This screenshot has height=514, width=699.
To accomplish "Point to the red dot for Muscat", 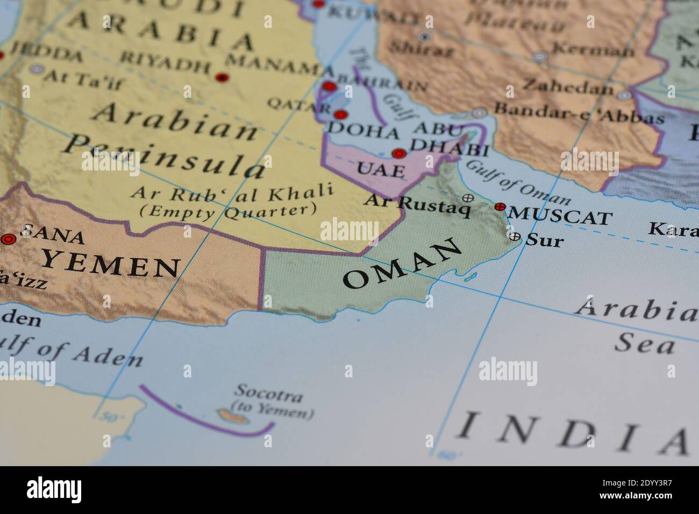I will tap(500, 206).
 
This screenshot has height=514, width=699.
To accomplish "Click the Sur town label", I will tap(545, 240).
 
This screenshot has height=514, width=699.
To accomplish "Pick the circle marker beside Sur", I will tap(515, 236).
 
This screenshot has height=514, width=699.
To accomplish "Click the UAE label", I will tap(381, 170).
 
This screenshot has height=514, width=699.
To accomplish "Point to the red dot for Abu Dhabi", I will tap(398, 154).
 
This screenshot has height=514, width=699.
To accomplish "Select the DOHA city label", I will tap(363, 130).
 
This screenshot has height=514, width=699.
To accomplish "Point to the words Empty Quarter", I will tap(228, 210).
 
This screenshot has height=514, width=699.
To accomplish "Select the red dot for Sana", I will tap(8, 239).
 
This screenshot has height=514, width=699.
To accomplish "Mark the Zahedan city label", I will tap(568, 86).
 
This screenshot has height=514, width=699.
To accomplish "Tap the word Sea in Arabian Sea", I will tap(644, 343).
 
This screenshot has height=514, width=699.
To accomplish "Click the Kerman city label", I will tap(593, 50).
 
